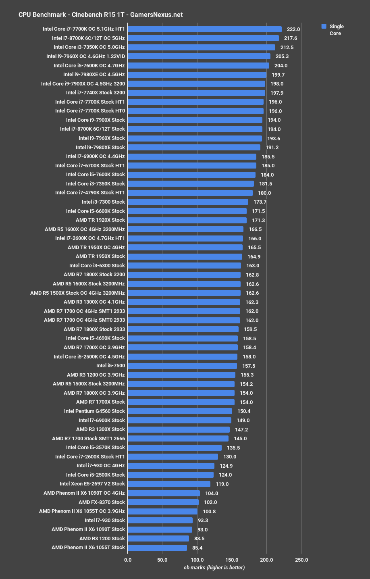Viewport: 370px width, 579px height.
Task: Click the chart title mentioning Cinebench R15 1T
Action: [x=100, y=15]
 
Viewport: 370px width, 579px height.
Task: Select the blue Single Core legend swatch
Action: [x=324, y=26]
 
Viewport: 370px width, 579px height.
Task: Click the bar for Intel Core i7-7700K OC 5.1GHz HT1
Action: [x=205, y=29]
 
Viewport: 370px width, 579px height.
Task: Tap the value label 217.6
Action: [x=291, y=38]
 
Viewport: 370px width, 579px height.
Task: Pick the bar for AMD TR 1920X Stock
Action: [x=187, y=220]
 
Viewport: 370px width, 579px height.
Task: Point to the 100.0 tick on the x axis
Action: [x=197, y=560]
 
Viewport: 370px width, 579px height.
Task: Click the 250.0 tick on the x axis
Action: [x=301, y=560]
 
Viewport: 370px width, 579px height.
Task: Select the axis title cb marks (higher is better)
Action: [x=214, y=568]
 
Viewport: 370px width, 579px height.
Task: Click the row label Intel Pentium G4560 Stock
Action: [x=94, y=411]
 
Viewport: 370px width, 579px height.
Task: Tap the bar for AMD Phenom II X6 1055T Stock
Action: [x=157, y=548]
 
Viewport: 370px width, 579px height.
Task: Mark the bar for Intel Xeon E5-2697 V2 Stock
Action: [x=169, y=484]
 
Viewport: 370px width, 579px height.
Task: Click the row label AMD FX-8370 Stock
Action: [x=102, y=502]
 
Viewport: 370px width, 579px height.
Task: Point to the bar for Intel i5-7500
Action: [x=182, y=366]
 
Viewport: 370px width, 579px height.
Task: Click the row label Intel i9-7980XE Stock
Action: [x=100, y=147]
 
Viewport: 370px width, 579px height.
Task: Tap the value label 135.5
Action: [x=233, y=448]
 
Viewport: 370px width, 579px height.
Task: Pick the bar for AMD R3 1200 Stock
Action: [x=158, y=538]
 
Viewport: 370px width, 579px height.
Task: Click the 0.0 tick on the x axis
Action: [x=128, y=560]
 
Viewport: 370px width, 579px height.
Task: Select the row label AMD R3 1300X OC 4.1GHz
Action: [x=94, y=302]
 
